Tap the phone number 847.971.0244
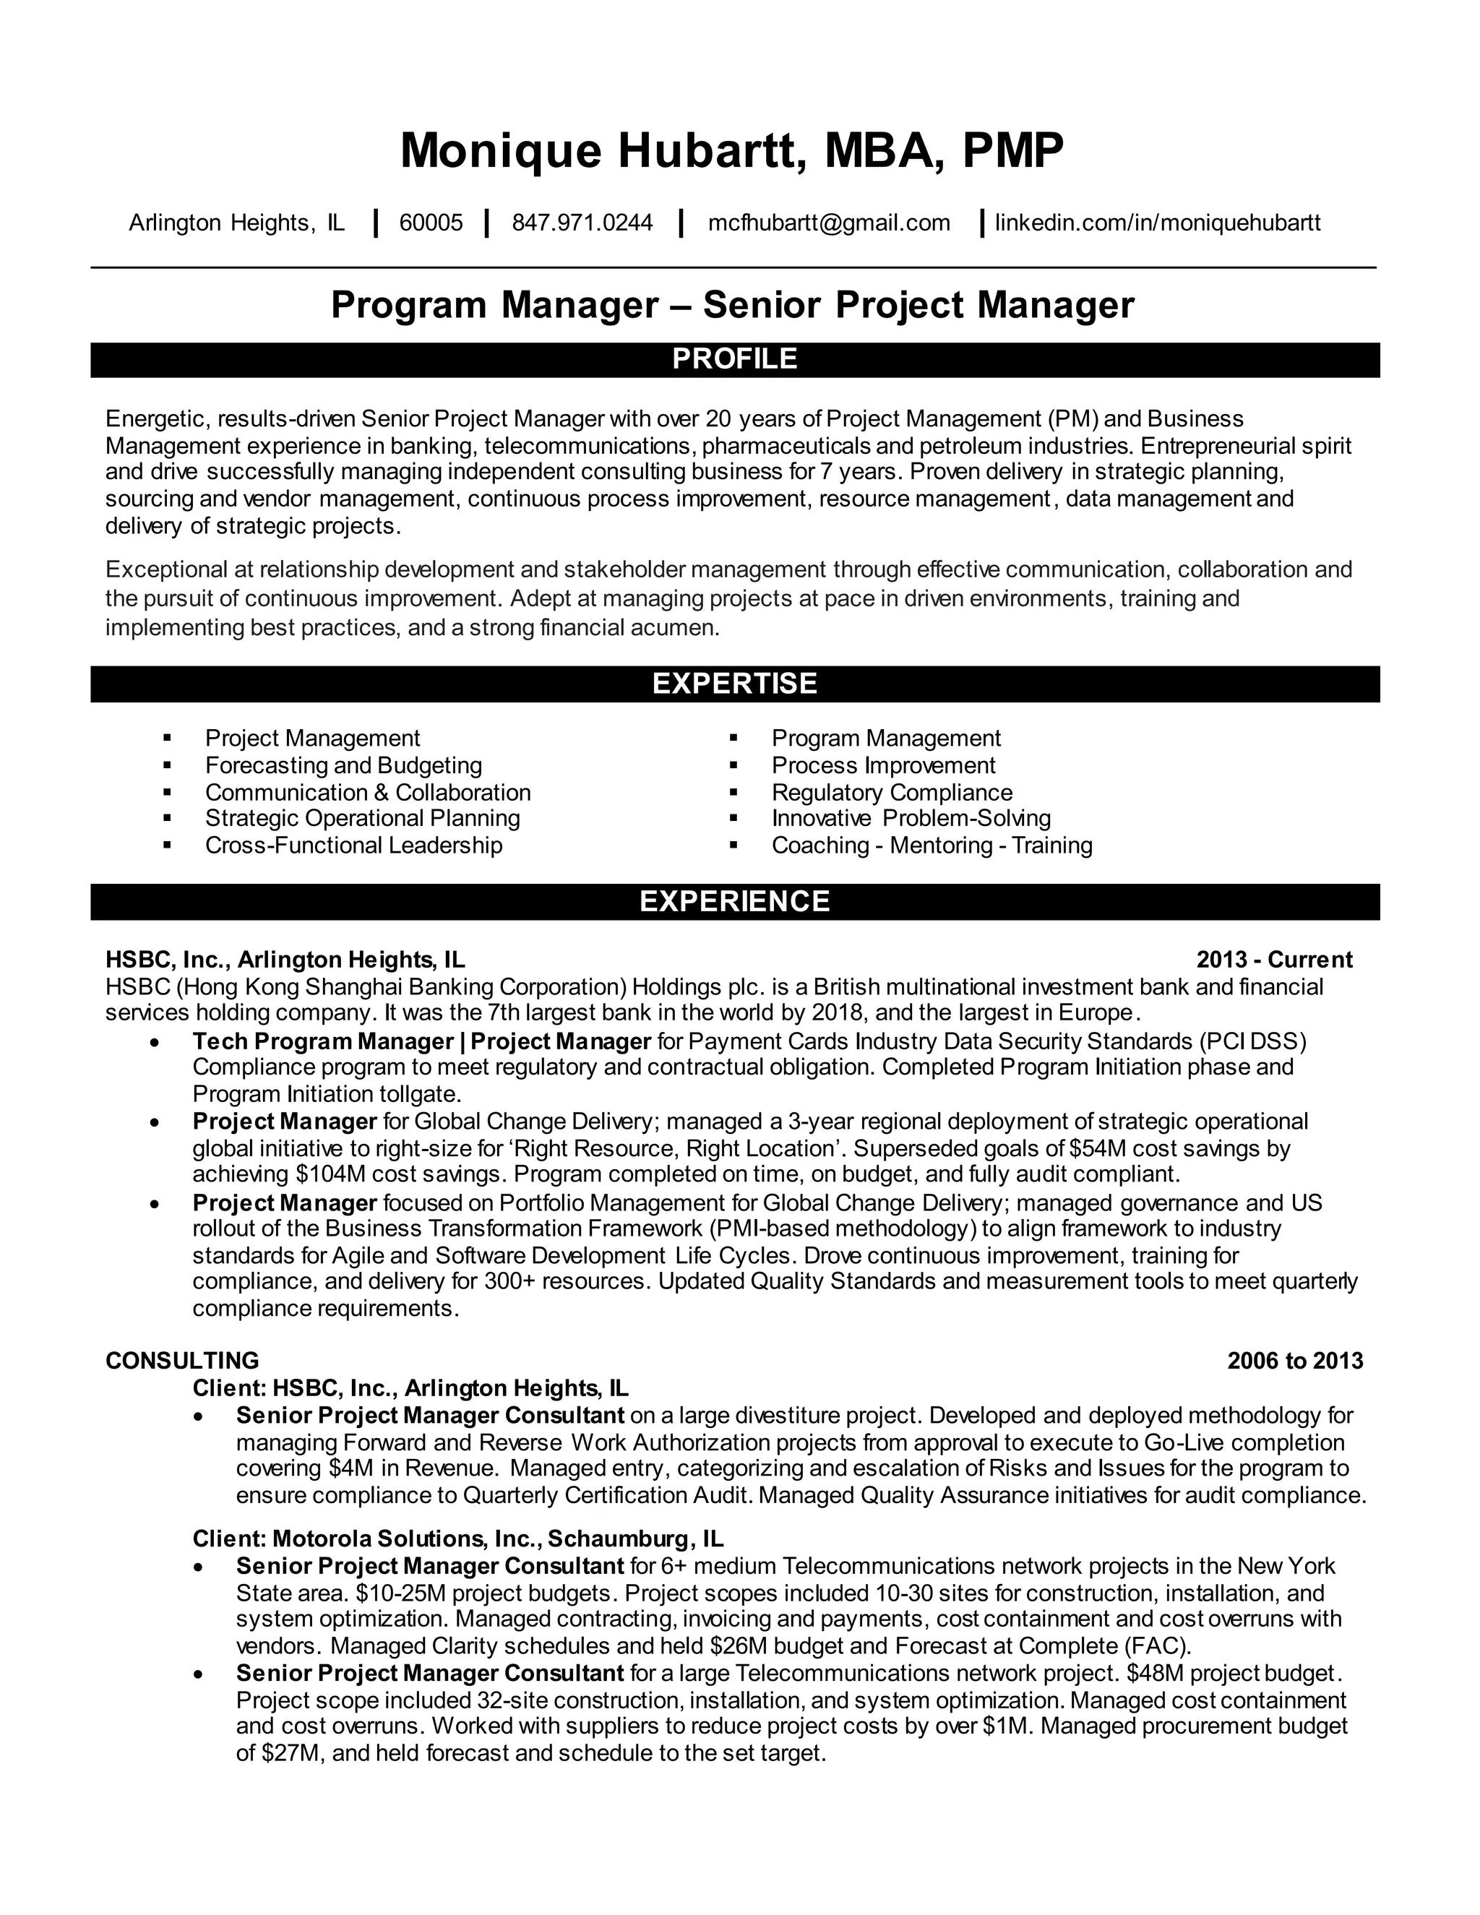[582, 223]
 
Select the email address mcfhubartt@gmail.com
[829, 223]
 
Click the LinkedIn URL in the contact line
[1158, 223]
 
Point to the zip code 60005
[431, 223]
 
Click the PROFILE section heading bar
[735, 359]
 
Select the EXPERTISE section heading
[735, 684]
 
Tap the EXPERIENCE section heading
[735, 901]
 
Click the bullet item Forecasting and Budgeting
[344, 765]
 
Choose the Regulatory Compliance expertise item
[892, 793]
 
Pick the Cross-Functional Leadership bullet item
[353, 845]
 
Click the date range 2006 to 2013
[1295, 1361]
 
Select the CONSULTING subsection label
[182, 1361]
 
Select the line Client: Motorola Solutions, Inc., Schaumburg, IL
[457, 1539]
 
